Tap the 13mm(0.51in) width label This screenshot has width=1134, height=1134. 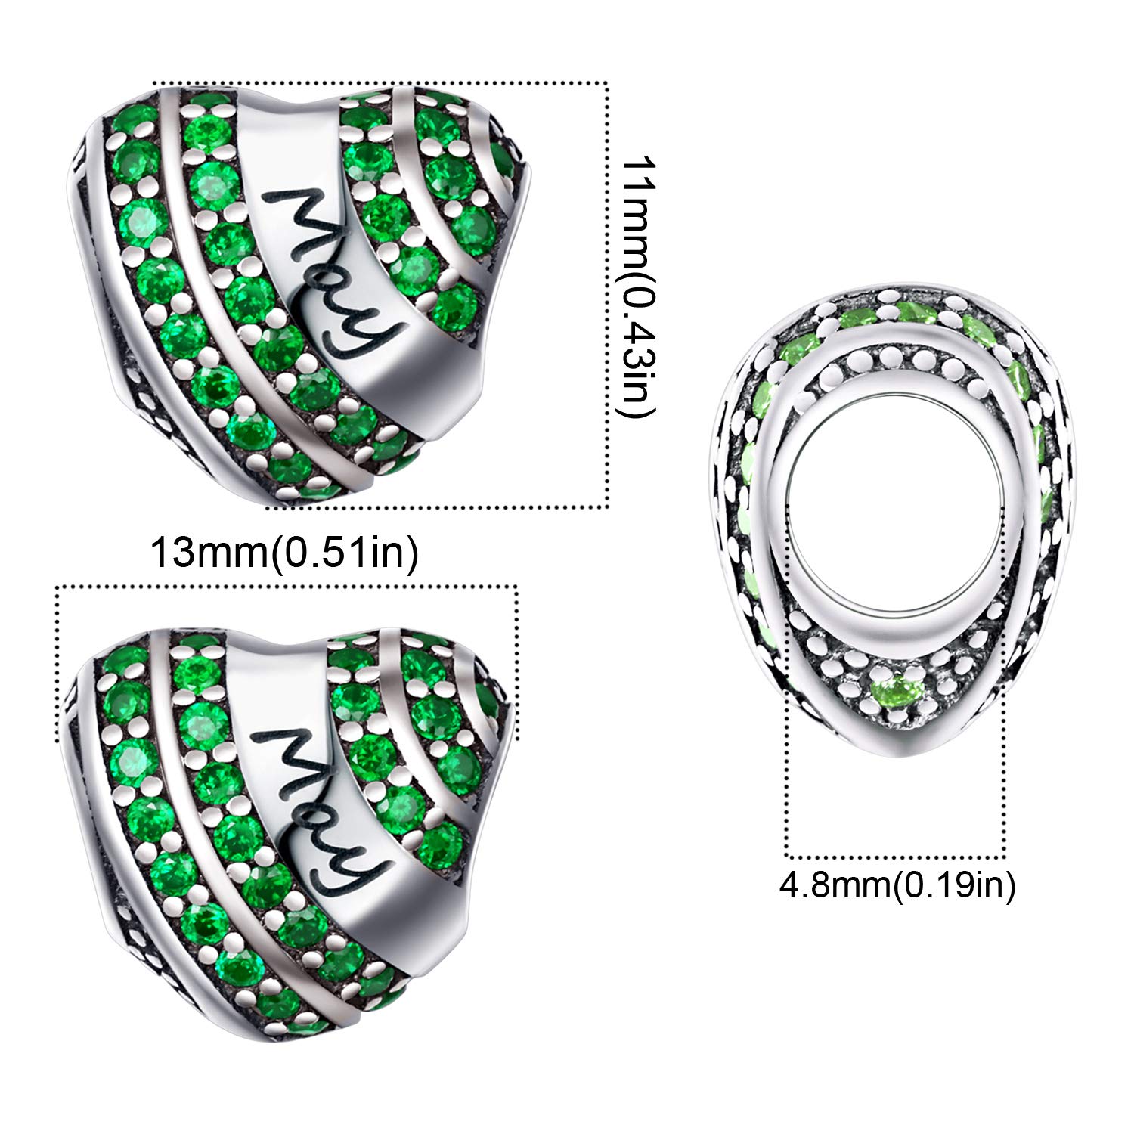click(285, 553)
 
